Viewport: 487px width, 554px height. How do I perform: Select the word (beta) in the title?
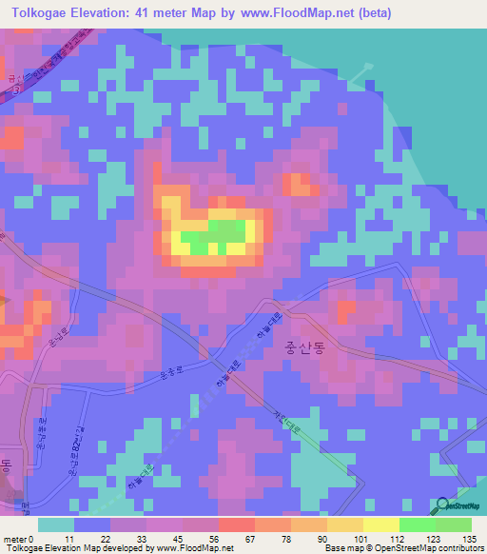click(371, 13)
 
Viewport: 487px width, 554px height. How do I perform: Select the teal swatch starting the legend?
click(56, 524)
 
